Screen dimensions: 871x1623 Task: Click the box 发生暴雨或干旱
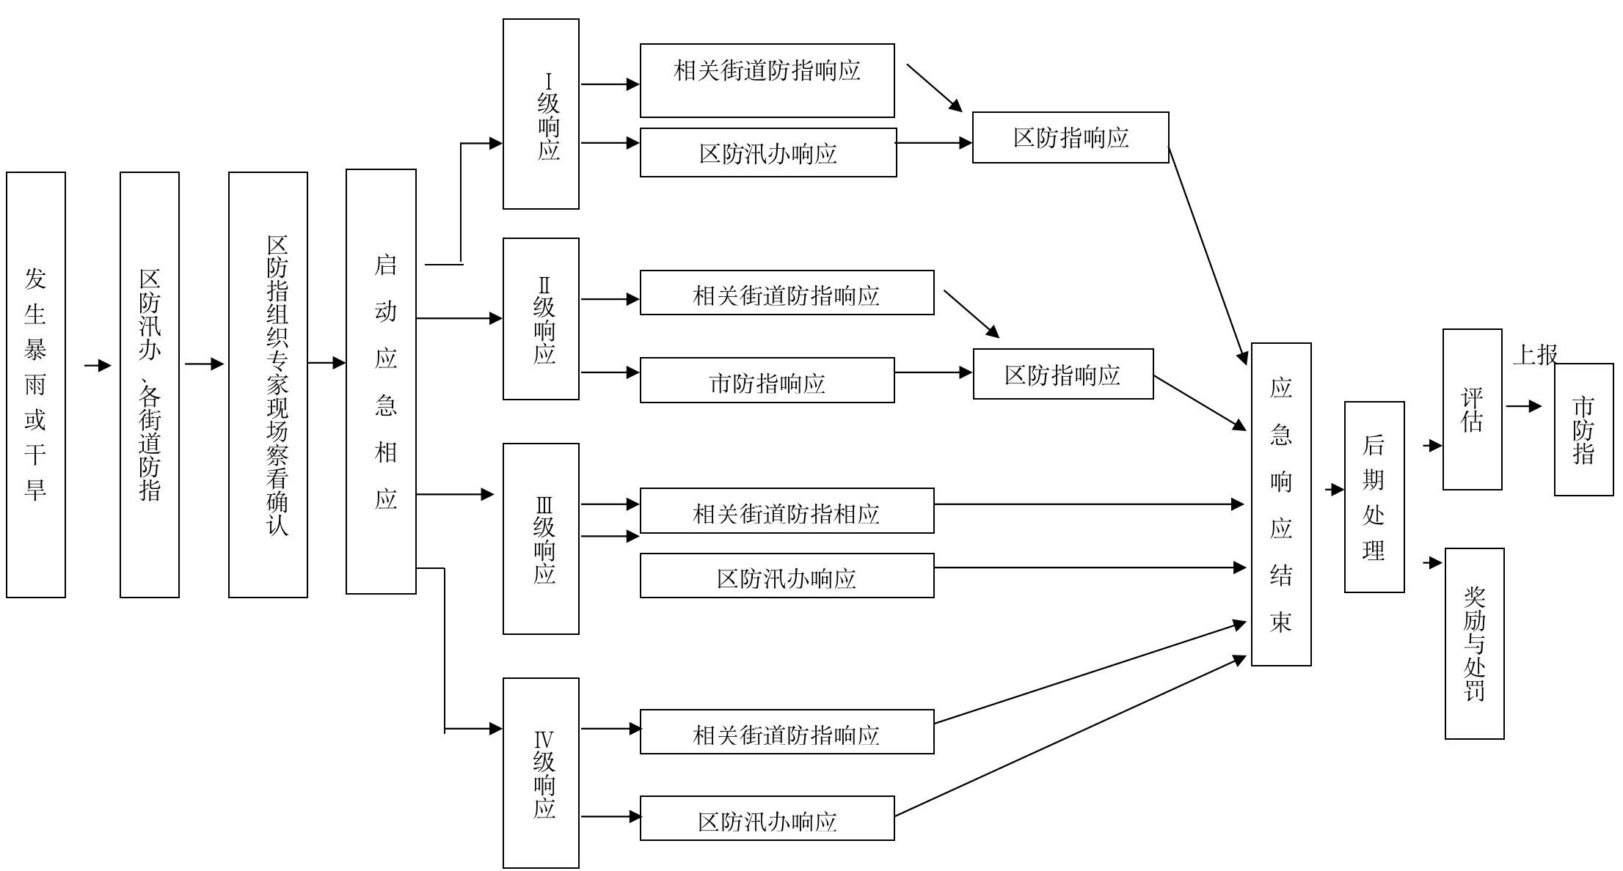click(x=36, y=385)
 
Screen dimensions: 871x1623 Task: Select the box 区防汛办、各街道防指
click(x=150, y=385)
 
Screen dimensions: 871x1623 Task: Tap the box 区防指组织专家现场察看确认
click(x=268, y=385)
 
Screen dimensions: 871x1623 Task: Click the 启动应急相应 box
click(x=381, y=381)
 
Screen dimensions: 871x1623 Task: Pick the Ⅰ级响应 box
click(x=541, y=114)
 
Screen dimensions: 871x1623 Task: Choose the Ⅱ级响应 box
click(x=541, y=319)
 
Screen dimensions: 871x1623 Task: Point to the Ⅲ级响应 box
click(x=541, y=539)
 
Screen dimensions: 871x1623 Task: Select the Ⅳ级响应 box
click(x=541, y=773)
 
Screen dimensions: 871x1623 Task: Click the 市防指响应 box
click(x=767, y=381)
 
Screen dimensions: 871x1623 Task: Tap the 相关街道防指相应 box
click(x=787, y=511)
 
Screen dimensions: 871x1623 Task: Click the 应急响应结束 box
click(x=1281, y=504)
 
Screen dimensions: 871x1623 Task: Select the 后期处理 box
click(x=1374, y=497)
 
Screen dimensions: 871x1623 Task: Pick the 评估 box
click(x=1472, y=409)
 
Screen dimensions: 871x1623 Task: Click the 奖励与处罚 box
click(x=1474, y=644)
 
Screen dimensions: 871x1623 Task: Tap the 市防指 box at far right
click(x=1583, y=430)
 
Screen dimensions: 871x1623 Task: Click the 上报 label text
click(x=1534, y=355)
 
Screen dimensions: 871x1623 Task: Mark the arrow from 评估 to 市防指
click(x=1524, y=406)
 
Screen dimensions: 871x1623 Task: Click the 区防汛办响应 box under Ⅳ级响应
click(x=767, y=818)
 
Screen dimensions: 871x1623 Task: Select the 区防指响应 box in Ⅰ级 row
click(x=1071, y=138)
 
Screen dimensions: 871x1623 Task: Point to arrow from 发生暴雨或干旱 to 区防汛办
click(x=97, y=366)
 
